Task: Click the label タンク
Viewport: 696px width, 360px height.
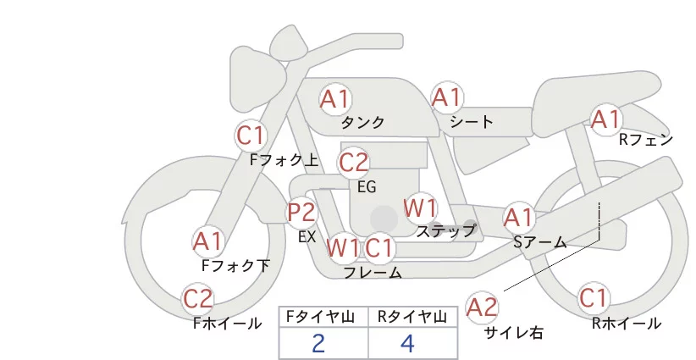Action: pos(362,123)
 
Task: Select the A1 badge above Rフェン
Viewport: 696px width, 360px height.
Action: pos(605,119)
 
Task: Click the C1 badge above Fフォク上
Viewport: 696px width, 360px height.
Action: pos(251,135)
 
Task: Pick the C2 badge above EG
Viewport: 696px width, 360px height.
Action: pos(353,162)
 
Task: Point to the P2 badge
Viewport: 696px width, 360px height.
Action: pos(301,212)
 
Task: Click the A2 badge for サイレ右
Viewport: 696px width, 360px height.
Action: pos(483,307)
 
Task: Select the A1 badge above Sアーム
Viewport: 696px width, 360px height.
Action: pos(517,218)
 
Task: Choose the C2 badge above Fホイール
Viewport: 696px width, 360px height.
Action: pos(198,299)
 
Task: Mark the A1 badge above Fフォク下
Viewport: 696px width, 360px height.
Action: pos(207,241)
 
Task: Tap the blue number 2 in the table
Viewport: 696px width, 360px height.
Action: pos(318,344)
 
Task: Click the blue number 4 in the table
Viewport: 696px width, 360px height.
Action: pos(407,344)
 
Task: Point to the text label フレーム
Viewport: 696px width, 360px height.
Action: pos(373,273)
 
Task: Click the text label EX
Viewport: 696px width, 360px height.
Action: pos(307,237)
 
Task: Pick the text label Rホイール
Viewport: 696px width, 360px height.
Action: pos(626,324)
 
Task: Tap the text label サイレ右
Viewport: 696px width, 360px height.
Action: pos(514,333)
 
